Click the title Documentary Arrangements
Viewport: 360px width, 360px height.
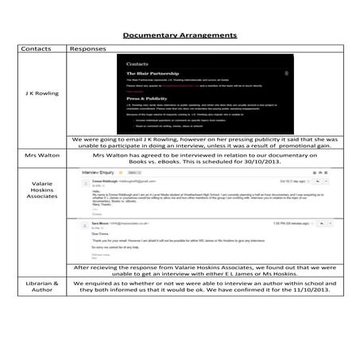tap(180, 35)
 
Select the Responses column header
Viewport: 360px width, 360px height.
tap(88, 49)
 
